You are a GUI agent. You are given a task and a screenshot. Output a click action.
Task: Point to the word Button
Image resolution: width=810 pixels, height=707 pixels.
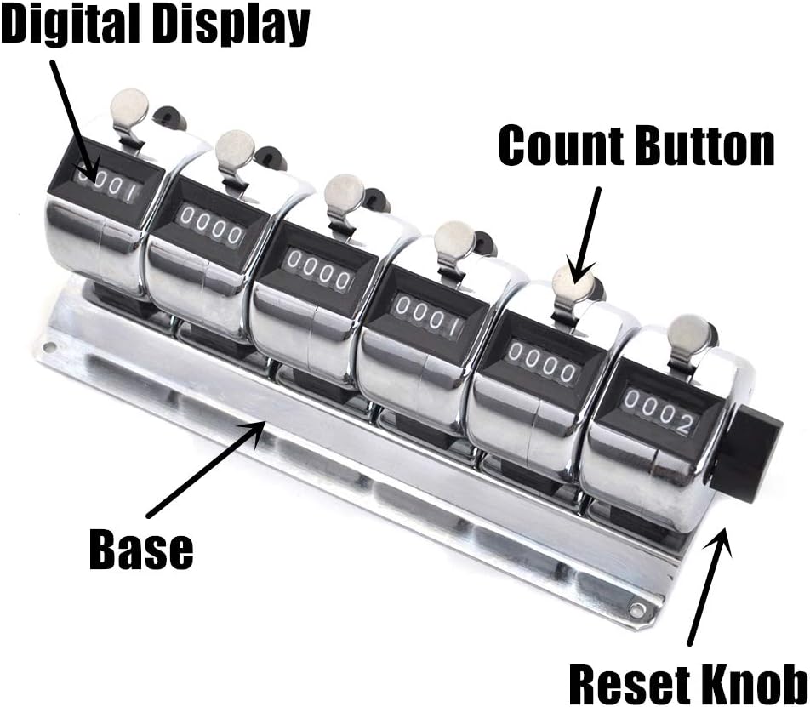pyautogui.click(x=705, y=145)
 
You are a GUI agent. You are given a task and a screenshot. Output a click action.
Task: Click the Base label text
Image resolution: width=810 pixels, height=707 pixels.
pyautogui.click(x=141, y=549)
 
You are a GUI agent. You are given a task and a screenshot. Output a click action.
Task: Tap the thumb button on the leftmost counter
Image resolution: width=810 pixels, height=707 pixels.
pyautogui.click(x=128, y=106)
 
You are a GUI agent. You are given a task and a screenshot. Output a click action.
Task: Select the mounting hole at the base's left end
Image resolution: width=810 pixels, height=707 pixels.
pyautogui.click(x=50, y=346)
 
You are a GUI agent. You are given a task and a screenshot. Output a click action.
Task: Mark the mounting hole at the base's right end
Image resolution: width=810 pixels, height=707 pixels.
pyautogui.click(x=636, y=609)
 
